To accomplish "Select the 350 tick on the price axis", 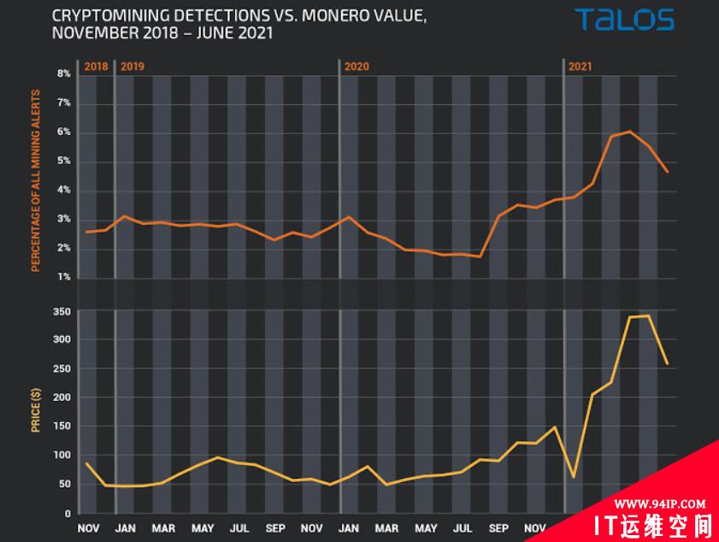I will (61, 312).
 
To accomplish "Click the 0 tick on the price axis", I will (67, 514).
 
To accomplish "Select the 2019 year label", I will (132, 66).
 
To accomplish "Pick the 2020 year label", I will (356, 66).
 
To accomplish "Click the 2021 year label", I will (581, 66).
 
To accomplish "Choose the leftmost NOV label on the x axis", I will (88, 527).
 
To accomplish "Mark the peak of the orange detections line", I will (630, 132).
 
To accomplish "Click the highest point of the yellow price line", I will (648, 315).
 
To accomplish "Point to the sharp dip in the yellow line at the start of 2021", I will (574, 477).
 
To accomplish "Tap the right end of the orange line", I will (667, 172).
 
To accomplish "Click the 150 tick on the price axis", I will (61, 427).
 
